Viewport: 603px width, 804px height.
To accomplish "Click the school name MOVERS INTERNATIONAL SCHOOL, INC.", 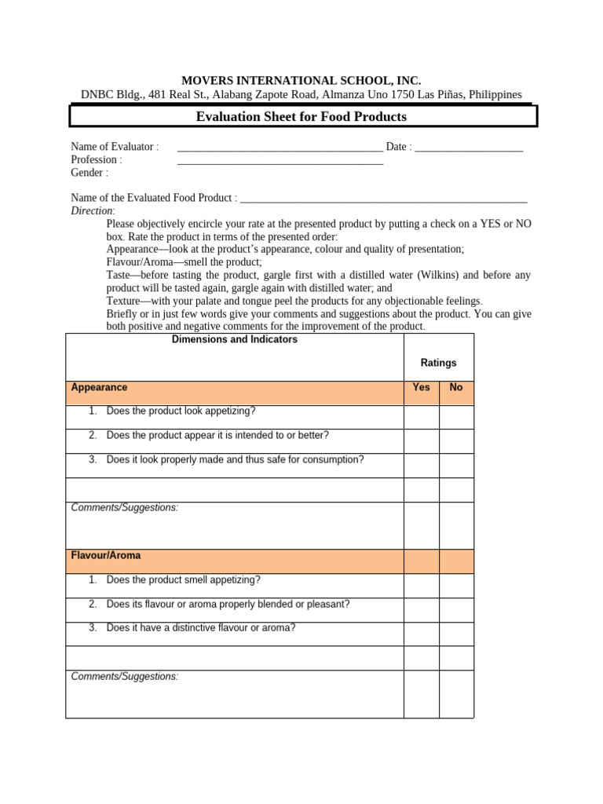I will click(x=301, y=80).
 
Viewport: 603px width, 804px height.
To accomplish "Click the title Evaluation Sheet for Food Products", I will click(x=301, y=117).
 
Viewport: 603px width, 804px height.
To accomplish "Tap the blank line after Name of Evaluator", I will click(x=280, y=148).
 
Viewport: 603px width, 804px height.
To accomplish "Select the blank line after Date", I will click(x=469, y=148).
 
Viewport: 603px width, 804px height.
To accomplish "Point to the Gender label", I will click(x=90, y=173).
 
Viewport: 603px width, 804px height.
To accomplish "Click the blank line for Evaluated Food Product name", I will click(x=383, y=199).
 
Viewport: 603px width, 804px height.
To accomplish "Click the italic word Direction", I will click(x=92, y=211).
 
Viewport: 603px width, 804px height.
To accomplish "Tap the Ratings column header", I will click(x=438, y=363).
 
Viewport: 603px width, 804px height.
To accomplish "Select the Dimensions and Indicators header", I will click(x=234, y=340).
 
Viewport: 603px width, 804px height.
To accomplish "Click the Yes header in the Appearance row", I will click(x=422, y=388).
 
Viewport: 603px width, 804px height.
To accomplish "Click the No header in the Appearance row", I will click(x=456, y=388).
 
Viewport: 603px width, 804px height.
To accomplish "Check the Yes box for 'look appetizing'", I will click(x=422, y=417).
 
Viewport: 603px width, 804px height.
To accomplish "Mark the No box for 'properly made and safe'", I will click(x=456, y=466).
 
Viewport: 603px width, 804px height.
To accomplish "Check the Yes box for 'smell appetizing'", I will click(x=422, y=586).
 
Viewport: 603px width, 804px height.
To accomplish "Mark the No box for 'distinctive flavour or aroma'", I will click(x=456, y=634).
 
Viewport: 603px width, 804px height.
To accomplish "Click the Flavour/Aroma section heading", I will click(x=106, y=556).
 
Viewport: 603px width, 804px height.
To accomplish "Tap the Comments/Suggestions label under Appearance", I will click(x=125, y=508).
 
